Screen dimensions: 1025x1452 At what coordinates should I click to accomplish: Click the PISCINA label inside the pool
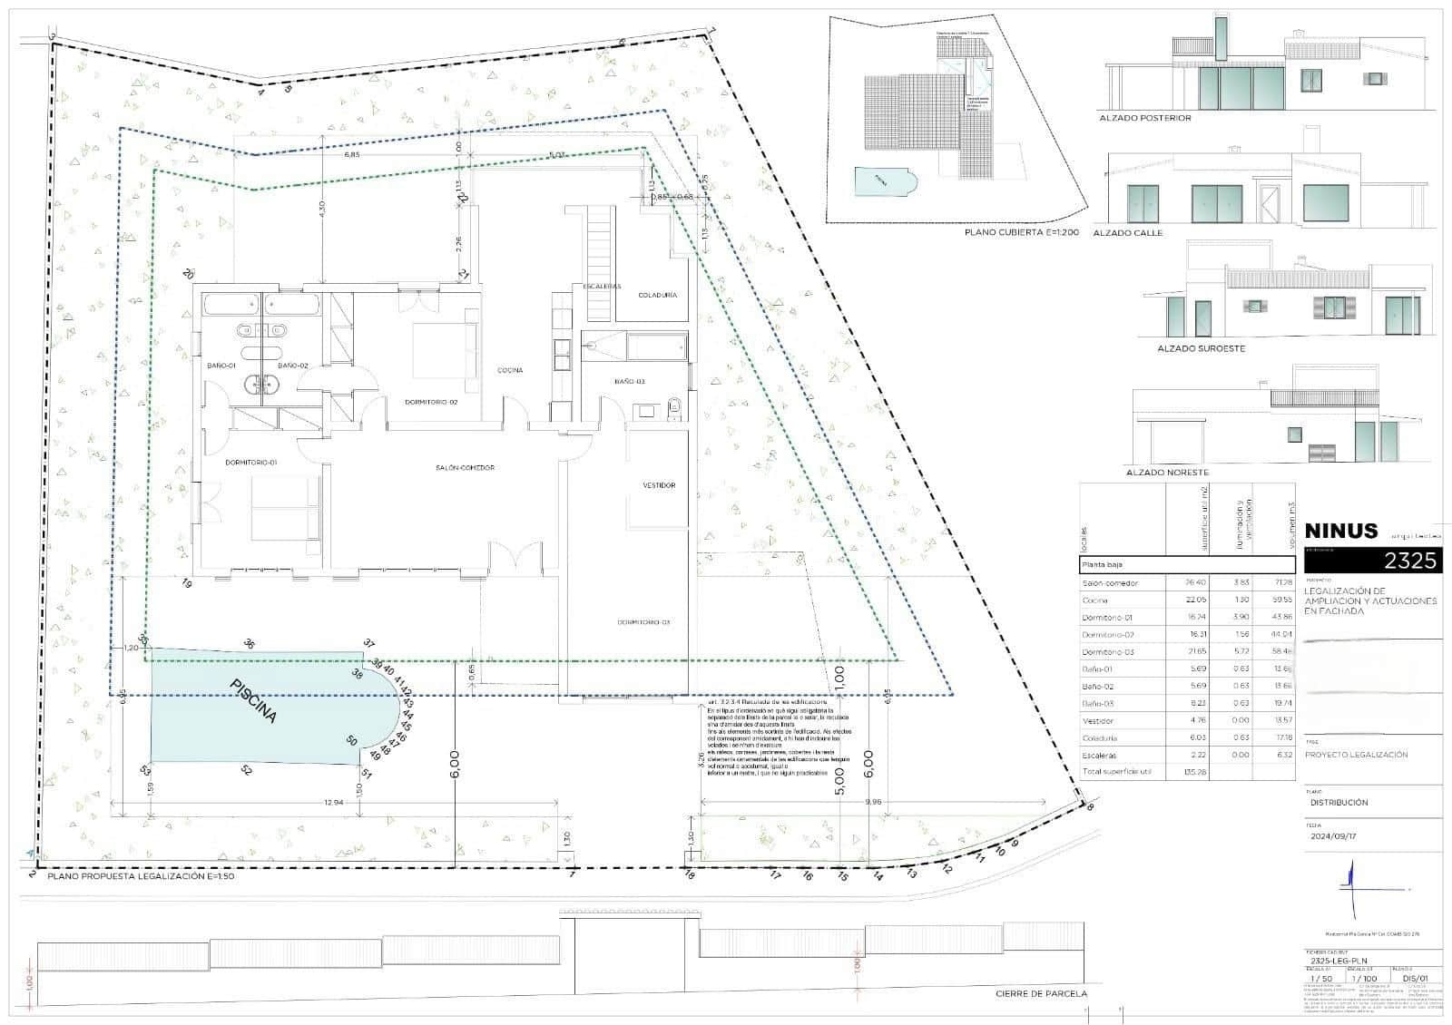coord(253,701)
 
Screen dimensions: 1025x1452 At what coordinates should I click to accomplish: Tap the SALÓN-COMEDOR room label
coord(464,468)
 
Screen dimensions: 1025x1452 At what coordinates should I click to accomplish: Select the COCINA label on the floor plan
coord(510,370)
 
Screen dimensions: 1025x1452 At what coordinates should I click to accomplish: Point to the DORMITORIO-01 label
coord(251,463)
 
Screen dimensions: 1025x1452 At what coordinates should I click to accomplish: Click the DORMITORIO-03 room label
coord(643,622)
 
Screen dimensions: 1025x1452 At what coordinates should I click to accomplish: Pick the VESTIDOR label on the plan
coord(659,485)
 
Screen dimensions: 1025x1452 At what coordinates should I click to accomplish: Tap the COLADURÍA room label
coord(657,295)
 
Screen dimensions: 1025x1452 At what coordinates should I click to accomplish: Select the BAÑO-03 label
coord(630,382)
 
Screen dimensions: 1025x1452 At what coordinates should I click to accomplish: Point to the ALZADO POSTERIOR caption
coord(1144,118)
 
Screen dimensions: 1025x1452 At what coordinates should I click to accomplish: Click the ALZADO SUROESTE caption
coord(1201,348)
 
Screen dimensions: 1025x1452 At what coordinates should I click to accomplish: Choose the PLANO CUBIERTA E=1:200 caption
coord(1021,232)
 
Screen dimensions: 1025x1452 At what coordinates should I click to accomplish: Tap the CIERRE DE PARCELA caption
coord(1041,994)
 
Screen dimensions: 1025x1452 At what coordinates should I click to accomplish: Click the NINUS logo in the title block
coord(1340,531)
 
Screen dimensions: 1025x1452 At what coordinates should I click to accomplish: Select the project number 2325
coord(1411,561)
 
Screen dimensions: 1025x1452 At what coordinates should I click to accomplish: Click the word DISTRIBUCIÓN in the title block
coord(1339,803)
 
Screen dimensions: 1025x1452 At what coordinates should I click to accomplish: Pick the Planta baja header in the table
coord(1104,564)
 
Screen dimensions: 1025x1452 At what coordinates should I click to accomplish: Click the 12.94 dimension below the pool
coord(333,803)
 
